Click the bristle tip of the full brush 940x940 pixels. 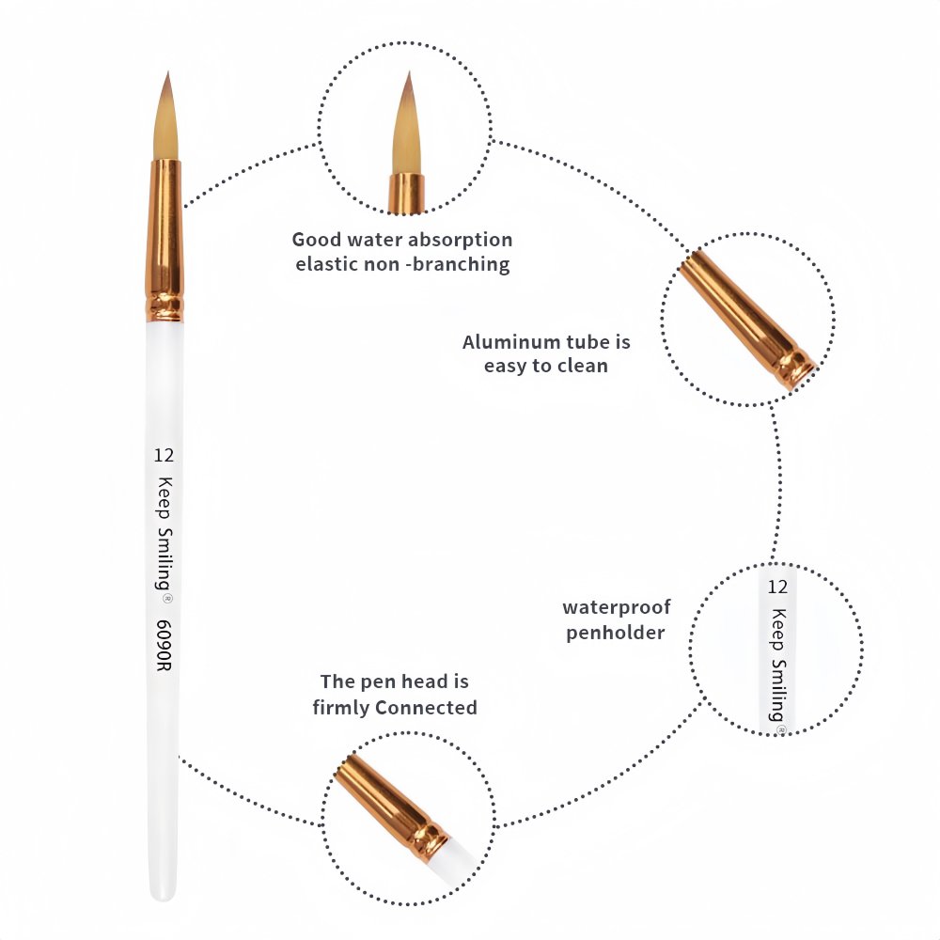coord(168,73)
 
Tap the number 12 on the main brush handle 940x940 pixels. coord(164,456)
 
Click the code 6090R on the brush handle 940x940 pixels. coord(164,645)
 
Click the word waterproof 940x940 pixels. coord(617,608)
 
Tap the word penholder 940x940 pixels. coord(616,633)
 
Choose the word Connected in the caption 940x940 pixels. coord(426,708)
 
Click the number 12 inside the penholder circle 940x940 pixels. coord(777,587)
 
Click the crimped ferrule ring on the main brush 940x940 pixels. coord(164,306)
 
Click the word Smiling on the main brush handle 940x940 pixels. coord(164,560)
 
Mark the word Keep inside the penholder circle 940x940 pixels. coord(778,630)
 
